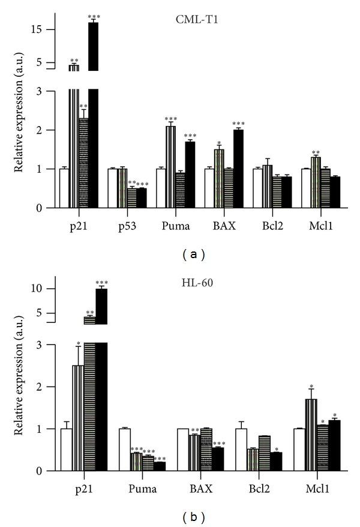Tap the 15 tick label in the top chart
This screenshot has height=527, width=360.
(32, 29)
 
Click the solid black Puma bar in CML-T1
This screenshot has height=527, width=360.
(190, 175)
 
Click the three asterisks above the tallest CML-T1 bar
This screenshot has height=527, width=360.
(94, 17)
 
